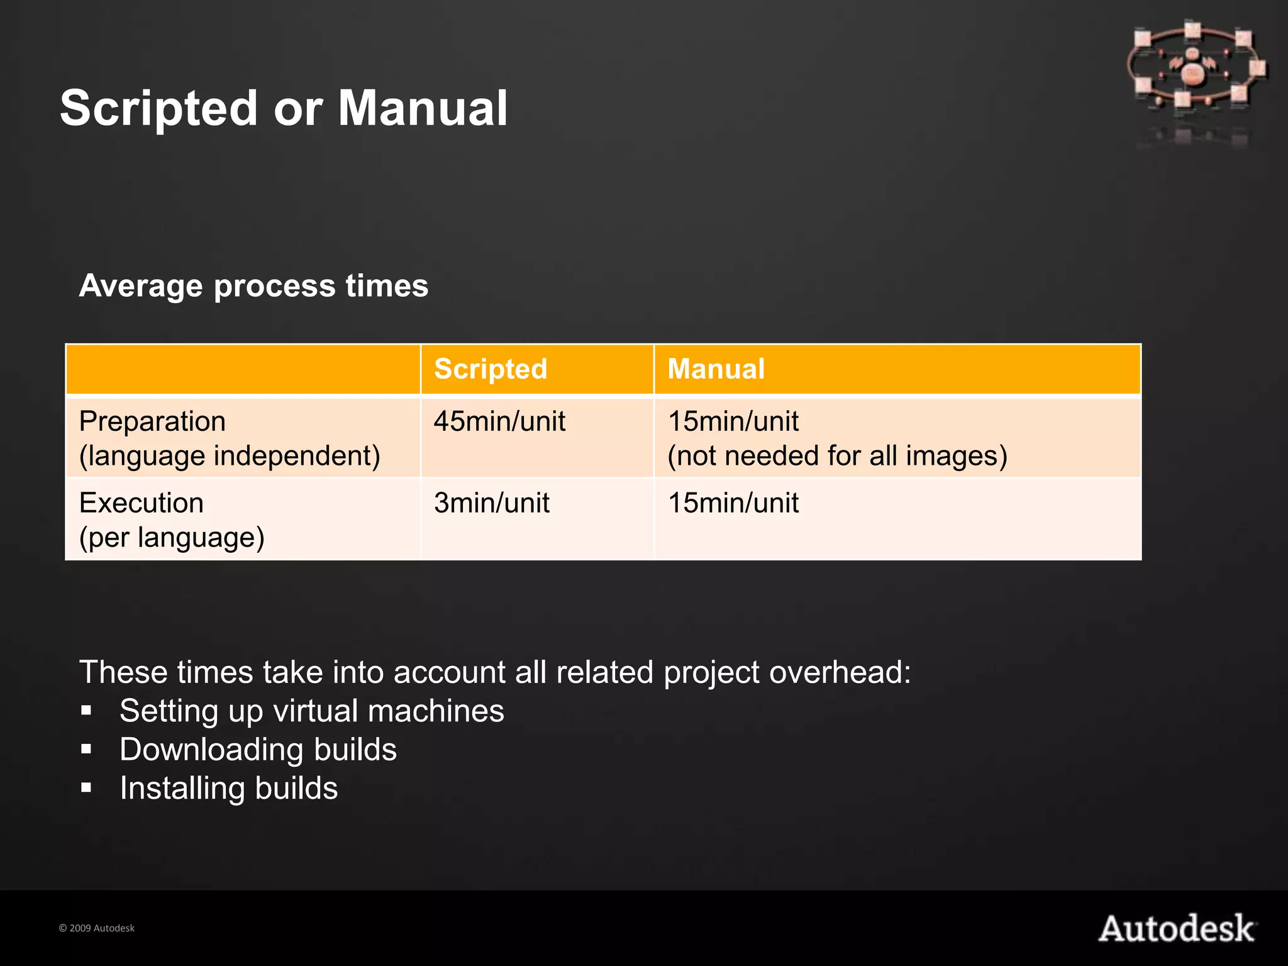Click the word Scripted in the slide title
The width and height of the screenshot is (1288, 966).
(158, 108)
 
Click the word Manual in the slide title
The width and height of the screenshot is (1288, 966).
(423, 108)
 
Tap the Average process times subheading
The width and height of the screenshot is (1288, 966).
(253, 286)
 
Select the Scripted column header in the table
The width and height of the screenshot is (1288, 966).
(491, 369)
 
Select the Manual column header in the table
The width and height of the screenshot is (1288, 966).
(716, 369)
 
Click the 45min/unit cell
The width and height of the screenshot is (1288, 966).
(499, 421)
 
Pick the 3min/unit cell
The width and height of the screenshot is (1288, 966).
(491, 503)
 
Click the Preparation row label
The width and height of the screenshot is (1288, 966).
(152, 421)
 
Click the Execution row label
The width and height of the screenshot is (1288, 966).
(142, 503)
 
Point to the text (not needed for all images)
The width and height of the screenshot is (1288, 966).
(837, 456)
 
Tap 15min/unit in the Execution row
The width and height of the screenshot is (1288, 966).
(733, 503)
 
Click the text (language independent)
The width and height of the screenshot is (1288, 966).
(230, 456)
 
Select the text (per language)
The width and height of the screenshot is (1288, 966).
(172, 538)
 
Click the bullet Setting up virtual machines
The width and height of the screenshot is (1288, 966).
(312, 711)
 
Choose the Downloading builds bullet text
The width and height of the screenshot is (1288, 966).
(258, 750)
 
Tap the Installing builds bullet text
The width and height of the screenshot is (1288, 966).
(229, 789)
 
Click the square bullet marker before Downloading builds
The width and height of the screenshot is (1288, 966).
(86, 750)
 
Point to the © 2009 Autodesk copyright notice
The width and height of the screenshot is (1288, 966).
(97, 928)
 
